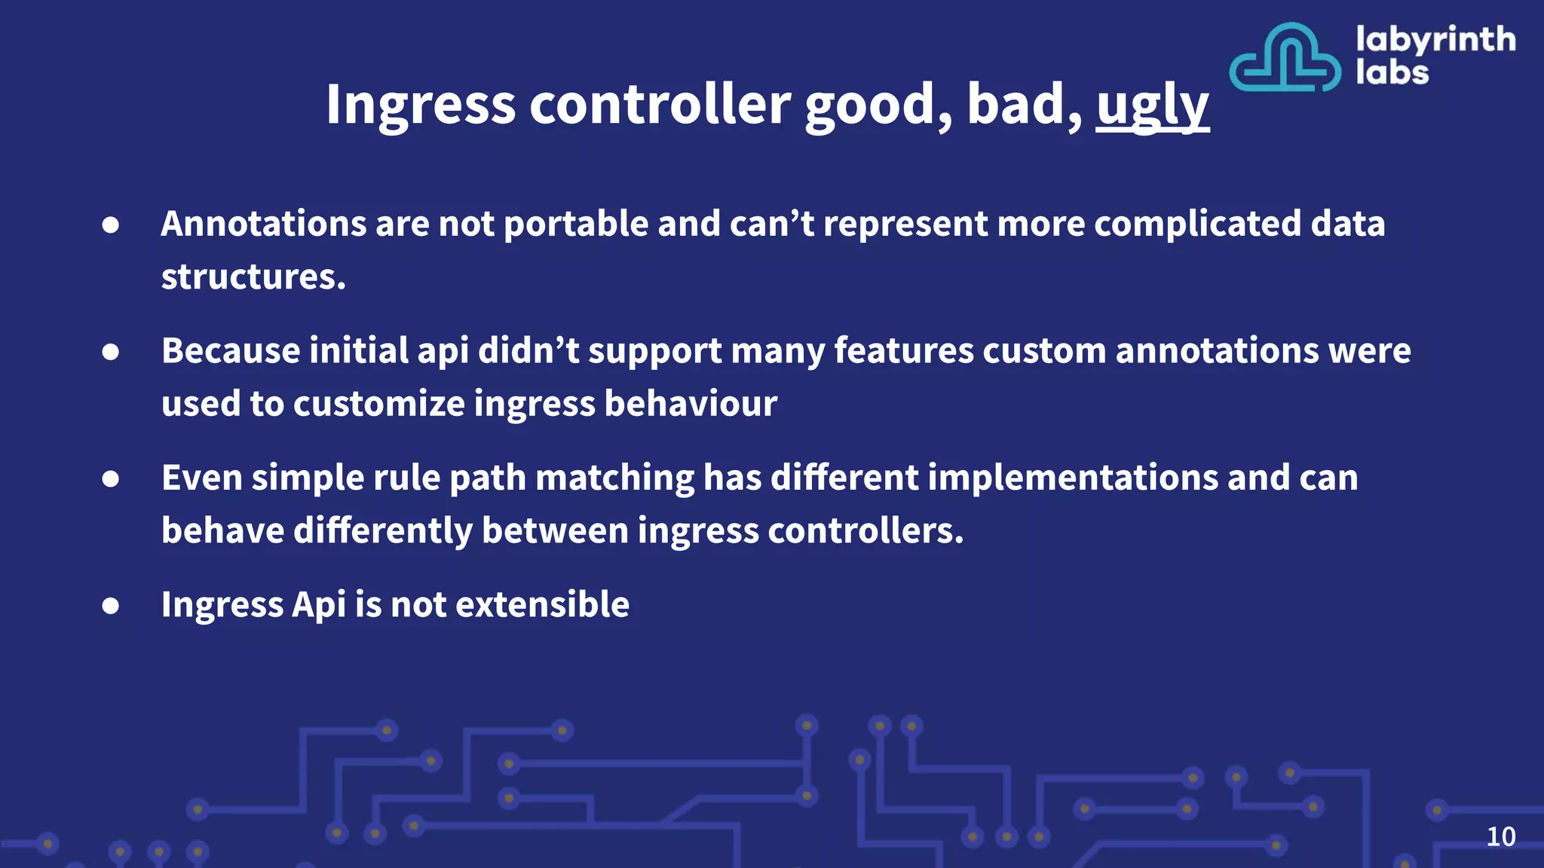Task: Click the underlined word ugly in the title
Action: (1152, 105)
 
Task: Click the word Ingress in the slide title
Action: (420, 105)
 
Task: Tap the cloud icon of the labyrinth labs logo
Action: (1284, 59)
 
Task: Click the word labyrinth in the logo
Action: (1435, 39)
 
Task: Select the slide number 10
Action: (1500, 836)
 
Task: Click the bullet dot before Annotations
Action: (111, 225)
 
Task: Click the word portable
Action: (575, 224)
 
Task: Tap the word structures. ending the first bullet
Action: (253, 277)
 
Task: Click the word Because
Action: (231, 351)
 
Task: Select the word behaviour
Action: (690, 404)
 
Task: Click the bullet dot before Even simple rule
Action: (111, 478)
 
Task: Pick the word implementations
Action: (1072, 478)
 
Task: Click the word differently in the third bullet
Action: (382, 530)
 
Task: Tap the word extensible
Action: (542, 604)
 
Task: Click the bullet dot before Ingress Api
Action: (111, 605)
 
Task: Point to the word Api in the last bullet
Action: (318, 604)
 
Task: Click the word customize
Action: (379, 404)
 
